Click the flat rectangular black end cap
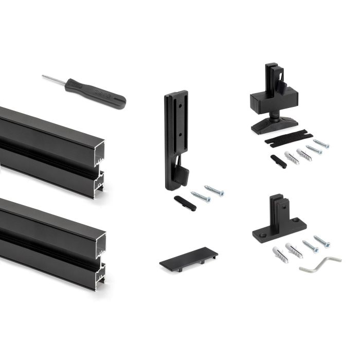(188, 259)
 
